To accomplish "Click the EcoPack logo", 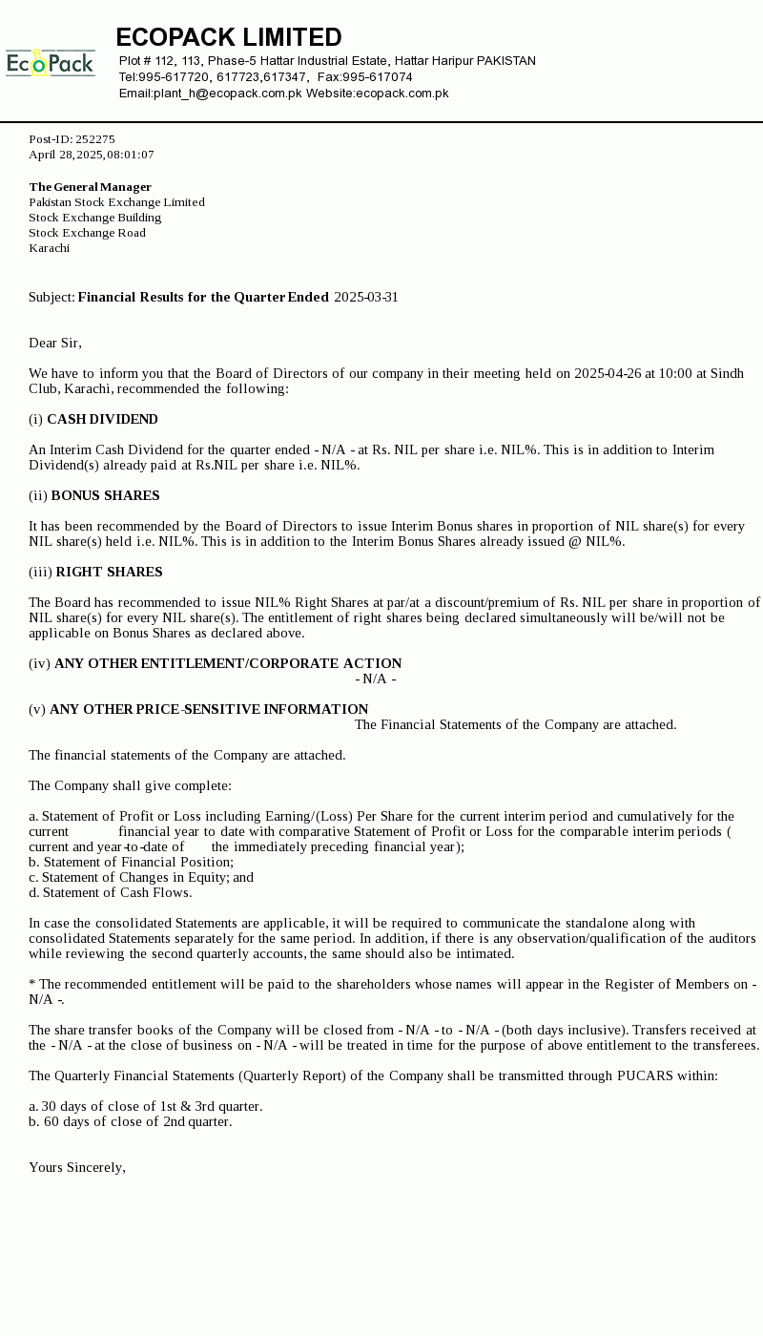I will point(51,63).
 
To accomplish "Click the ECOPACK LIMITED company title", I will point(229,37).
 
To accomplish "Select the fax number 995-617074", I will point(378,77).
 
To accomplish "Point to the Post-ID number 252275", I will point(94,139).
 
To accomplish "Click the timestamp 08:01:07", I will point(130,155).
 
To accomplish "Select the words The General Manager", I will point(90,187).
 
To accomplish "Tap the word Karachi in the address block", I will point(49,248).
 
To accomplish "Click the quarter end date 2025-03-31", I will point(366,297).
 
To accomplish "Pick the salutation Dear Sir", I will point(54,343).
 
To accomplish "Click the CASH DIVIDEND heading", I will point(102,419).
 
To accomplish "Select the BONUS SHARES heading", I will point(105,495).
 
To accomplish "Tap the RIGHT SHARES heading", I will point(109,572).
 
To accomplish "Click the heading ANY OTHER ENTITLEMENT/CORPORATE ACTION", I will point(228,663).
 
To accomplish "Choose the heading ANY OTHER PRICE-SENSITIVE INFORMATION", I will point(209,709).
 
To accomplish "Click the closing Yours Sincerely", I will point(77,1167).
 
